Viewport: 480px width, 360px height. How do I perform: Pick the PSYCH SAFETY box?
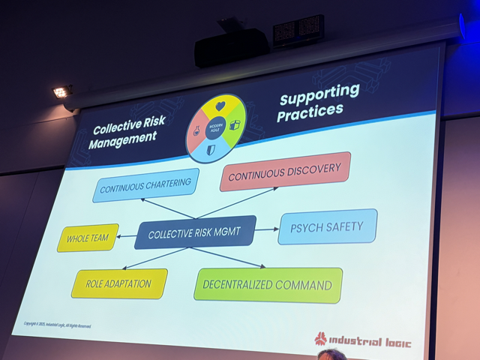(x=328, y=226)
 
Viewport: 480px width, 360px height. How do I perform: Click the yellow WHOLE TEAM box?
(x=88, y=238)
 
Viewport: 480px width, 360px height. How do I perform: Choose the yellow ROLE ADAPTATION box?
(x=119, y=283)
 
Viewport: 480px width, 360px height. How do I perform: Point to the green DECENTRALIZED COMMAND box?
(x=268, y=285)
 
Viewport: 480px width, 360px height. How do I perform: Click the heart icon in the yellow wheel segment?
(x=220, y=107)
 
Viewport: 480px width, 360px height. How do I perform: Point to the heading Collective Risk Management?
(x=124, y=133)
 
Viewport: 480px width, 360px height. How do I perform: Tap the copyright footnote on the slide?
(x=58, y=324)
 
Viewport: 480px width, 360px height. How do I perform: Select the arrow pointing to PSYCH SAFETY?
(x=267, y=229)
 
